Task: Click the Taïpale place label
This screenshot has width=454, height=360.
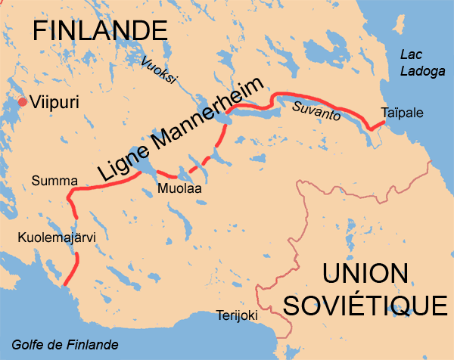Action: [x=402, y=113]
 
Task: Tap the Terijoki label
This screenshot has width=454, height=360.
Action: [x=237, y=315]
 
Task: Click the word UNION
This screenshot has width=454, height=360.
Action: [x=364, y=273]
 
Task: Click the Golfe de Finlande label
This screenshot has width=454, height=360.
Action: [x=65, y=345]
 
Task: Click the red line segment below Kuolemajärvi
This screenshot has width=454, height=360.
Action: [x=73, y=270]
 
